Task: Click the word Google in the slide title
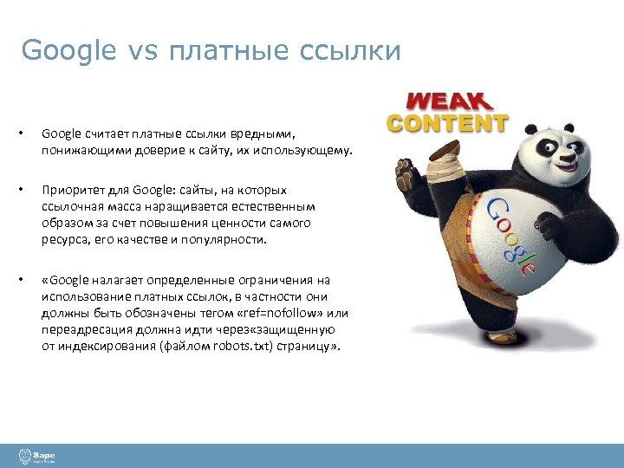(x=68, y=51)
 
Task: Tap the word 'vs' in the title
(x=142, y=51)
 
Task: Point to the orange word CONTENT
(x=447, y=122)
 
